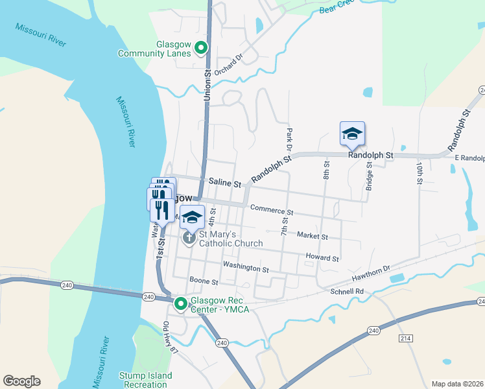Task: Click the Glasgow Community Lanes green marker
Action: [x=201, y=47]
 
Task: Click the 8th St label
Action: [x=327, y=171]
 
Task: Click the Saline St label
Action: [x=225, y=183]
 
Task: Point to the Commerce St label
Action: [x=272, y=211]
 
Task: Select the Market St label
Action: [x=312, y=237]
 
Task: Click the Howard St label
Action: [x=322, y=258]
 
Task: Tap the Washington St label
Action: [x=246, y=267]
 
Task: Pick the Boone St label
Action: [x=204, y=281]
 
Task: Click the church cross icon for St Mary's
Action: [x=189, y=238]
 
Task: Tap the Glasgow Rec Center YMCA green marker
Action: [x=182, y=303]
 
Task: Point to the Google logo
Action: [x=21, y=381]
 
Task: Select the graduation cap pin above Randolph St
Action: [x=352, y=134]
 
